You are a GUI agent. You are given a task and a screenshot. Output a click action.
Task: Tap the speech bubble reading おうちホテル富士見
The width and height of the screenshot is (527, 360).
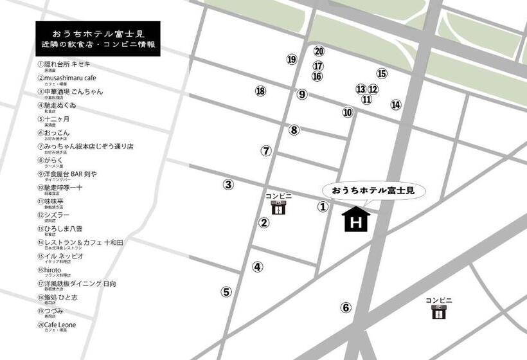click(x=373, y=191)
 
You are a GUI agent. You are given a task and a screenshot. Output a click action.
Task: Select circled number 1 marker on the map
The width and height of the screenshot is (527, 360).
click(x=323, y=207)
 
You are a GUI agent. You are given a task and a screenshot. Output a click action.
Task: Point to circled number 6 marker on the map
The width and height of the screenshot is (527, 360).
click(x=346, y=307)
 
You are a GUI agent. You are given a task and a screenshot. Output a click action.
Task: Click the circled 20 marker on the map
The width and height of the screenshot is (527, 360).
click(x=319, y=51)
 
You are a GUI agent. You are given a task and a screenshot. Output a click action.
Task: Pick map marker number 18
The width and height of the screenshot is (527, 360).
click(x=260, y=91)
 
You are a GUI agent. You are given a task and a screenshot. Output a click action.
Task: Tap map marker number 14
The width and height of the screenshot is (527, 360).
click(x=395, y=105)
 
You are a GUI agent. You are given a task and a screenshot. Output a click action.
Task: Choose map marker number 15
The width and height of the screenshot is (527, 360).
click(x=382, y=74)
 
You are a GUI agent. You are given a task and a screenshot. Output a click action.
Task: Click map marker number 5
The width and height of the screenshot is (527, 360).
click(x=226, y=292)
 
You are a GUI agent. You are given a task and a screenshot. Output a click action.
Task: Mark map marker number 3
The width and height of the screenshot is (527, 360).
click(x=228, y=185)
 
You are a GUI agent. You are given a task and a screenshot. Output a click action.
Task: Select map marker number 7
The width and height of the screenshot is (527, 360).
click(x=266, y=151)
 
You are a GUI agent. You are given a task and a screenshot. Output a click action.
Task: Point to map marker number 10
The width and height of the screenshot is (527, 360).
click(x=348, y=113)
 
